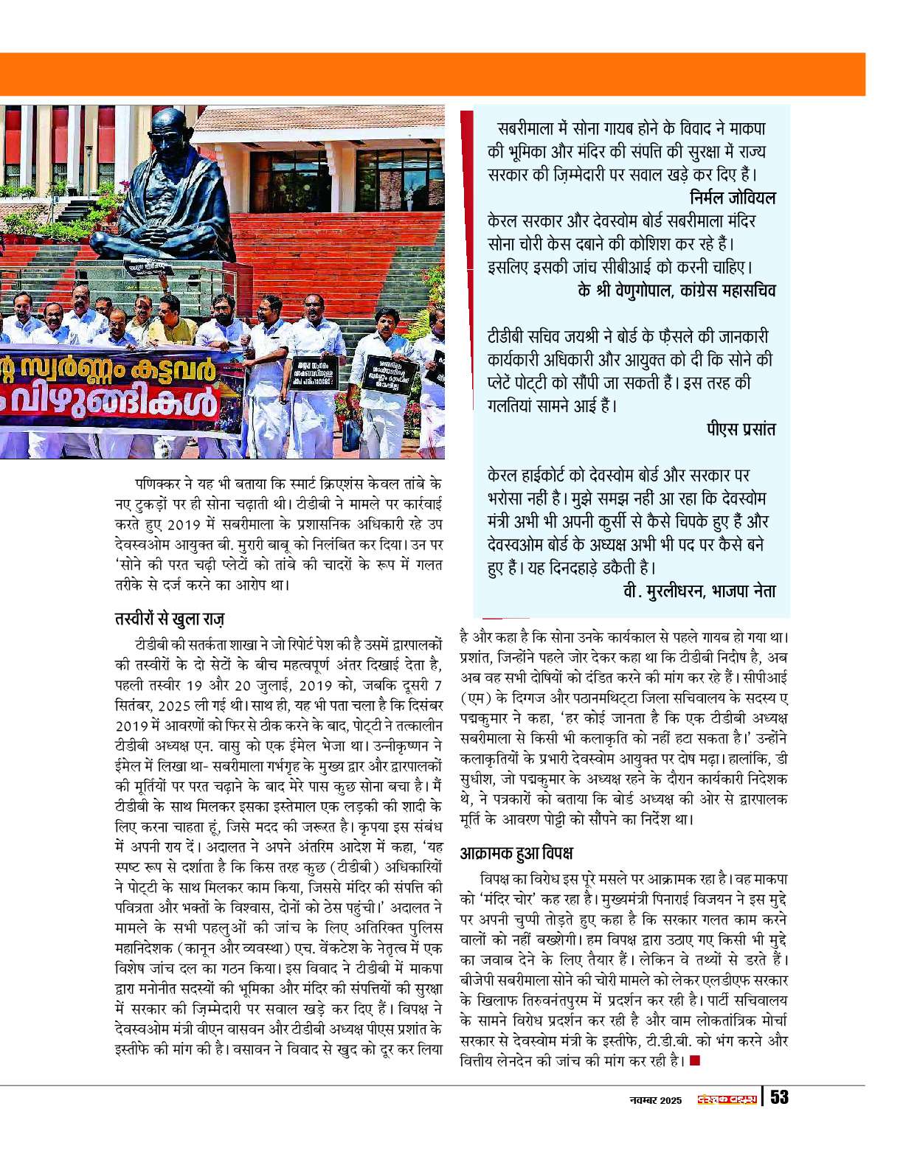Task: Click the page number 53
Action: coord(779,1097)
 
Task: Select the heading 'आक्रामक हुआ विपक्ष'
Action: coord(516,853)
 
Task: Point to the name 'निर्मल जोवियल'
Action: coord(733,198)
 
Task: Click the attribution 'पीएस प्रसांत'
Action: coord(741,429)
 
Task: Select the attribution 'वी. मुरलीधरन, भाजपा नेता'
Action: coord(699,591)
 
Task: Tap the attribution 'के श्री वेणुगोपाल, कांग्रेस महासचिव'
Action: coord(677,290)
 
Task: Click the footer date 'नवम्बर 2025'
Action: coord(656,1100)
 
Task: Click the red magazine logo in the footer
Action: coord(728,1099)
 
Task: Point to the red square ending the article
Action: coord(694,1061)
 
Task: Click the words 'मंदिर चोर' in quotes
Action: coord(515,900)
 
